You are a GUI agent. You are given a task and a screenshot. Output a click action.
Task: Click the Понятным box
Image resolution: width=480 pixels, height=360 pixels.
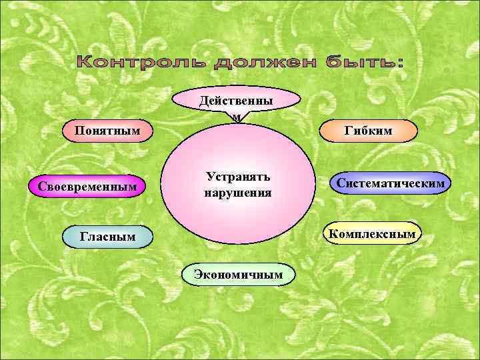[x=107, y=129]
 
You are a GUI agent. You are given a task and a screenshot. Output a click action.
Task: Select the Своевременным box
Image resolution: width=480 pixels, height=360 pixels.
[x=91, y=186]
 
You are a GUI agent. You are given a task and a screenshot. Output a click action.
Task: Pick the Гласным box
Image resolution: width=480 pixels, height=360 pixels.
[x=107, y=236]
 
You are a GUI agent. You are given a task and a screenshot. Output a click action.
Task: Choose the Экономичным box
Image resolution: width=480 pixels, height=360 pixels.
[x=238, y=274]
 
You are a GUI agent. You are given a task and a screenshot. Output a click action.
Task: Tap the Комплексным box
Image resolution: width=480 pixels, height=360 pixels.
[x=373, y=233]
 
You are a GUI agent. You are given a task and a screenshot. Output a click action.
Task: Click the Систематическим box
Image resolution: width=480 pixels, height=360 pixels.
[x=391, y=182]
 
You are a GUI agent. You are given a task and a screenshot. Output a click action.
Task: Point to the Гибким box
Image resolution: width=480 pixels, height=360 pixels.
[x=368, y=130]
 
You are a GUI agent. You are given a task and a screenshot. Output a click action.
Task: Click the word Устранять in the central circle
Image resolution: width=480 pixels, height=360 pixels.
[x=238, y=177]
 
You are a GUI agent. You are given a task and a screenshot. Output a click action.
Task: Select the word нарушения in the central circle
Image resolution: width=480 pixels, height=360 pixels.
[x=238, y=193]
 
